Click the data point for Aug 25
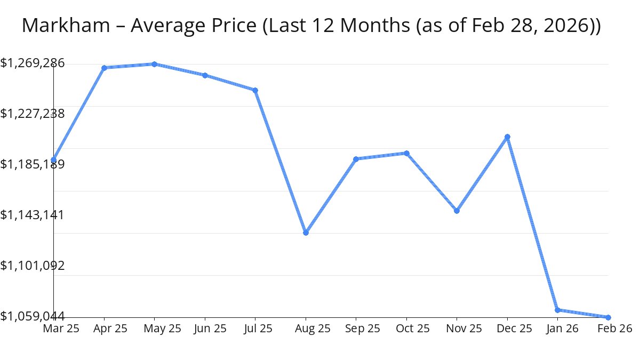(x=306, y=233)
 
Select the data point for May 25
(x=154, y=64)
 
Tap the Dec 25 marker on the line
(x=508, y=137)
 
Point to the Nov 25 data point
(x=457, y=211)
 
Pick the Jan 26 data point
(x=557, y=310)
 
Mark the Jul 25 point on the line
(x=255, y=90)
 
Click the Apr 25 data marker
(x=104, y=68)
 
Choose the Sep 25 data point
(x=356, y=159)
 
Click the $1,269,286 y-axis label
(x=33, y=63)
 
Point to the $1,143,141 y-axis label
(x=33, y=215)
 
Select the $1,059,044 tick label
(x=33, y=316)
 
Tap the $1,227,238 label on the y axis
(x=33, y=114)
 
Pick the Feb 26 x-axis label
(x=615, y=329)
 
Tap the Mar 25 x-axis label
(x=61, y=329)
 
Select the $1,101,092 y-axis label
(x=33, y=266)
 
